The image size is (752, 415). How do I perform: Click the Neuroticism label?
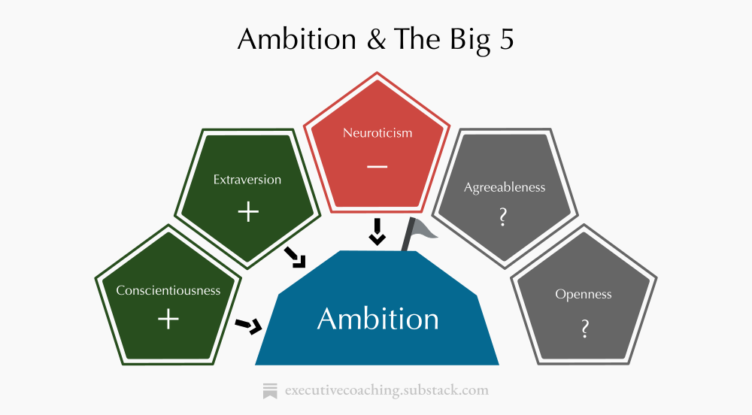378,133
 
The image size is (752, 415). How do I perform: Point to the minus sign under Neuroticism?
378,165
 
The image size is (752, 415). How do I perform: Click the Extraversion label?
247,180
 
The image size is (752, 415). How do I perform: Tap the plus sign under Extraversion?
247,212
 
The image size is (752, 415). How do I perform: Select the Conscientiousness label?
168,290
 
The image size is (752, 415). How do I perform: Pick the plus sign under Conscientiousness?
168,320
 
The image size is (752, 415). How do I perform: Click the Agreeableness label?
504,187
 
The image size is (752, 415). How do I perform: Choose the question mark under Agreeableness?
503,218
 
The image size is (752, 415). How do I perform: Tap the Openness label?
584,294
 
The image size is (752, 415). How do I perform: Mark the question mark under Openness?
584,329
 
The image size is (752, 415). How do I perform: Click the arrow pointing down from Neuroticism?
378,232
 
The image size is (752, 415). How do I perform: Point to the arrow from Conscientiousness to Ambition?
249,326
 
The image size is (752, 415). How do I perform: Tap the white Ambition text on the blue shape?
378,319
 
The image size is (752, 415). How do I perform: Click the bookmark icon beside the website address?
270,390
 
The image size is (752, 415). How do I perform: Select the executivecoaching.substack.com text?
387,390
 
